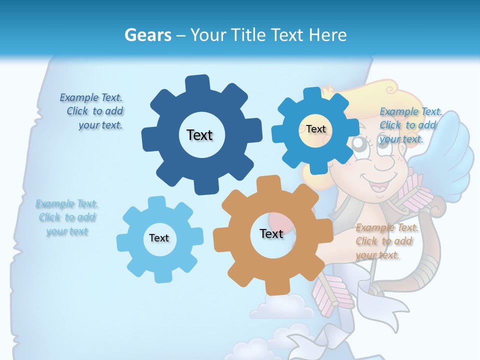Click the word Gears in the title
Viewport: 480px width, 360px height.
147,35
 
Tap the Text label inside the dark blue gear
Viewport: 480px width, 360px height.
199,135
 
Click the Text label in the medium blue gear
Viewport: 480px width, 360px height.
316,129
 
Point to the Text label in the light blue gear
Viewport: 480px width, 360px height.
159,238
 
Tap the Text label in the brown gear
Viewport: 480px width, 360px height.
271,233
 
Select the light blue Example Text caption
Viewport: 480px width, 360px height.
66,217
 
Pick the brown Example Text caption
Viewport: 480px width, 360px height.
386,241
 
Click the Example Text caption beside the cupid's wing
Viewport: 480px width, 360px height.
410,125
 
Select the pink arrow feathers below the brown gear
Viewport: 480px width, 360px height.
327,297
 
